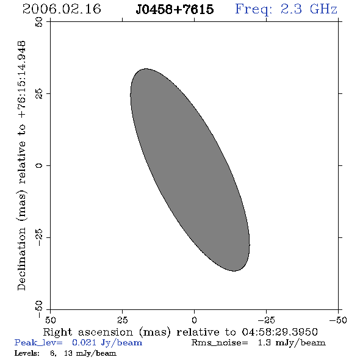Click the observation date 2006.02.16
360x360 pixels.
pyautogui.click(x=62, y=9)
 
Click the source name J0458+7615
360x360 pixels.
pyautogui.click(x=175, y=9)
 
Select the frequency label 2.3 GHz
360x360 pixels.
pyautogui.click(x=309, y=9)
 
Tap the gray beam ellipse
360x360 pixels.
pyautogui.click(x=190, y=170)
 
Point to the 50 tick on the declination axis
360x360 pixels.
pyautogui.click(x=39, y=22)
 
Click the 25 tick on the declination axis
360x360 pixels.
pyautogui.click(x=39, y=94)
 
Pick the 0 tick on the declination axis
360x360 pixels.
pyautogui.click(x=39, y=165)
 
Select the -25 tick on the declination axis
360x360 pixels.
pyautogui.click(x=39, y=237)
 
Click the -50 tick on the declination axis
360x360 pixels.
pyautogui.click(x=39, y=309)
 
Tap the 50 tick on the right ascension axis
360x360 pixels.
pyautogui.click(x=50, y=320)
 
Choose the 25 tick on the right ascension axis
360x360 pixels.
pyautogui.click(x=123, y=320)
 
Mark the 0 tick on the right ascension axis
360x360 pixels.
pyautogui.click(x=194, y=320)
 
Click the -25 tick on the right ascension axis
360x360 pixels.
pyautogui.click(x=266, y=320)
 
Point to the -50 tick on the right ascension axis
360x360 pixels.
pyautogui.click(x=338, y=320)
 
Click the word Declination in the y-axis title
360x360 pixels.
pyautogui.click(x=21, y=259)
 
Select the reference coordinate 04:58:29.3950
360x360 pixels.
pyautogui.click(x=279, y=332)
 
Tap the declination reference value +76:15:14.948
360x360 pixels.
pyautogui.click(x=21, y=79)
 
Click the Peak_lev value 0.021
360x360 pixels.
pyautogui.click(x=84, y=342)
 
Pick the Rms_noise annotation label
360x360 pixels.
pyautogui.click(x=220, y=343)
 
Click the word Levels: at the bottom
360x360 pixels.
pyautogui.click(x=27, y=353)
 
